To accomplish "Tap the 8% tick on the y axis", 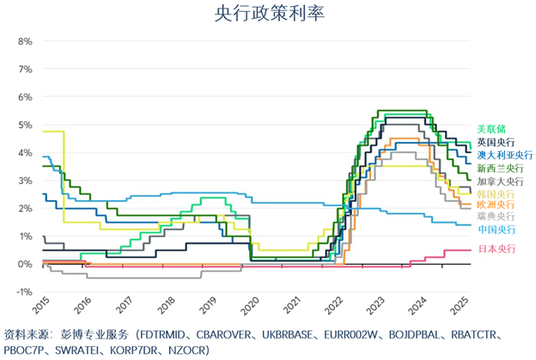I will [x=25, y=40].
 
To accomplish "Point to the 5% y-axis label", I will [x=25, y=125].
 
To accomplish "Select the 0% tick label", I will [x=25, y=264].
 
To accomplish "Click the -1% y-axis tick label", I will [x=23, y=292].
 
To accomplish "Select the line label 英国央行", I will [x=496, y=142].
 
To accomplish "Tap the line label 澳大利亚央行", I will [x=501, y=155].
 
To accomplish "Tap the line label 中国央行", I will [x=496, y=230].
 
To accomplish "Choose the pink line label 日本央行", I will [x=496, y=249].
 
